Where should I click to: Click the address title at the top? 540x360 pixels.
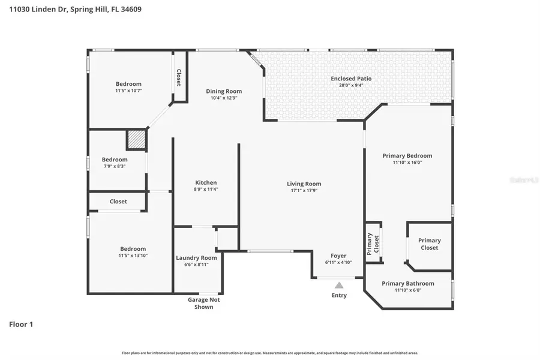click(x=67, y=10)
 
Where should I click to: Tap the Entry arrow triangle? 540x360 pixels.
click(x=339, y=286)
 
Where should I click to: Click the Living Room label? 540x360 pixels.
click(x=304, y=184)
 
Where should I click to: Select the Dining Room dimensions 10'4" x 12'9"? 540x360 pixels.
click(x=224, y=98)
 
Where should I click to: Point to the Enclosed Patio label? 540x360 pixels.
click(x=351, y=79)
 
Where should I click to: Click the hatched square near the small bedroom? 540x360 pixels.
click(x=136, y=140)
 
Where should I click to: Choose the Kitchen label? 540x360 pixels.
click(x=206, y=182)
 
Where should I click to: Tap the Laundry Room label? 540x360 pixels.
click(x=196, y=257)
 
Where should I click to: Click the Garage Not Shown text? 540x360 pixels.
click(x=204, y=303)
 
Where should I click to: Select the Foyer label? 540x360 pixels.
click(x=339, y=256)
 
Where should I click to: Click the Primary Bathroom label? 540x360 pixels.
click(x=408, y=283)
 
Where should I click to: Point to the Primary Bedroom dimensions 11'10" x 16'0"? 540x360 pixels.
click(x=407, y=162)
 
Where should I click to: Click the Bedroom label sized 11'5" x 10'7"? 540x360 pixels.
click(x=128, y=83)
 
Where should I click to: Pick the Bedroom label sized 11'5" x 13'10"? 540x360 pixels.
click(x=133, y=248)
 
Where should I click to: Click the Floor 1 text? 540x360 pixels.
click(x=21, y=324)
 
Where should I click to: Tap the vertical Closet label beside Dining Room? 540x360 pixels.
click(x=178, y=77)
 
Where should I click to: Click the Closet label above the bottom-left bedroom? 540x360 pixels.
click(x=118, y=202)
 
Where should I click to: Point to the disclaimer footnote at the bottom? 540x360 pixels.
click(x=270, y=353)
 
